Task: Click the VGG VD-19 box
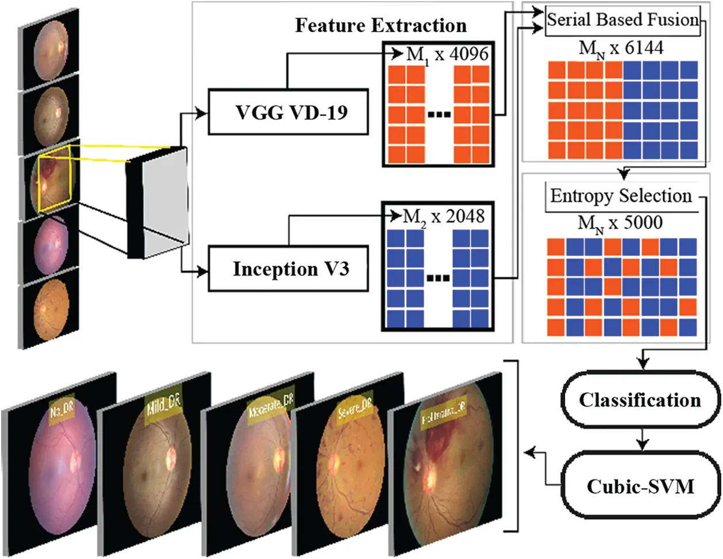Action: (288, 112)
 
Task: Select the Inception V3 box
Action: (288, 269)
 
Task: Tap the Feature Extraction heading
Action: (381, 25)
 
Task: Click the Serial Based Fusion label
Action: (622, 20)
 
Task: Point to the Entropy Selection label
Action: (620, 196)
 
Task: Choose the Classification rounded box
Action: (639, 400)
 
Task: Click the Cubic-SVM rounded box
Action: (640, 486)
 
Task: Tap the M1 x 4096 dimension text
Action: (447, 55)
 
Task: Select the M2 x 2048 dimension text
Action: (444, 217)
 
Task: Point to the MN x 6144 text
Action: (620, 48)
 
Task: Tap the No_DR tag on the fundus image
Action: (62, 410)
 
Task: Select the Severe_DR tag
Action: (355, 409)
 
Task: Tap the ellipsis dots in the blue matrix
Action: (438, 278)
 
